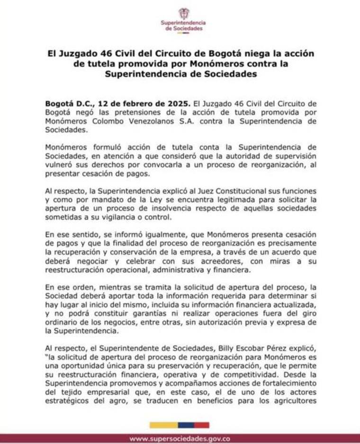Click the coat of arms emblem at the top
pyautogui.click(x=183, y=13)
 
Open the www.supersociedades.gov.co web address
pyautogui.click(x=180, y=439)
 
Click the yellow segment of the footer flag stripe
pyautogui.click(x=163, y=425)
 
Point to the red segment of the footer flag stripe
pyautogui.click(x=202, y=425)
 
